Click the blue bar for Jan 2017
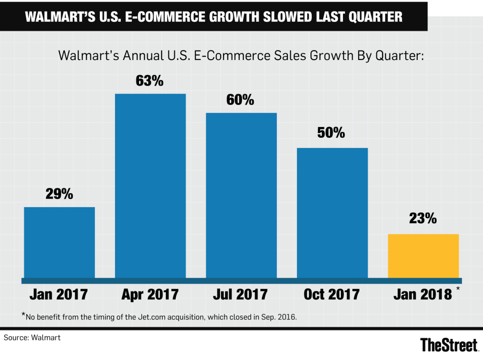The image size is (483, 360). point(60,242)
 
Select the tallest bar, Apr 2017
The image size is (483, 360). point(151,186)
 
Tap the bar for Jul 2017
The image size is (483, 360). point(242,195)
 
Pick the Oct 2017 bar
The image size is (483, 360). point(332,213)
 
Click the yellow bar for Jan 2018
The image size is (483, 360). point(423,256)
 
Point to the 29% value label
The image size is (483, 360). point(59,194)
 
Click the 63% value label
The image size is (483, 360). point(150,81)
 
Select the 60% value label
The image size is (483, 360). point(240,100)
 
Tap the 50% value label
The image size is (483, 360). point(331,133)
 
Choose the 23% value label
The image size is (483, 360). point(423,219)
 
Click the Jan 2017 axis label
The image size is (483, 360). point(59,294)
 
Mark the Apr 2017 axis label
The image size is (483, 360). point(150,294)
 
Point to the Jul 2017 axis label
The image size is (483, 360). point(241,294)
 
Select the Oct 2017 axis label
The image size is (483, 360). point(332,294)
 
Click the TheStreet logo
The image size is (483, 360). point(449,345)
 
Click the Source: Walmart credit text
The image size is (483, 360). point(32,338)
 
